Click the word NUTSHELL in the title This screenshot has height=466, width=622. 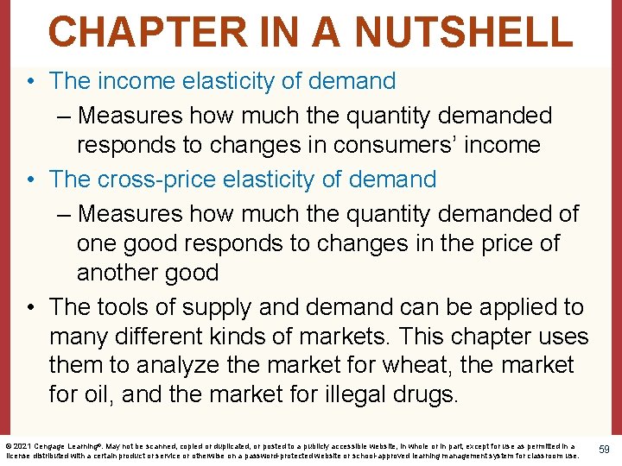pos(463,31)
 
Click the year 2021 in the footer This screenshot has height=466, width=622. pos(23,445)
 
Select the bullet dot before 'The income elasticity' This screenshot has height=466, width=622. pos(30,82)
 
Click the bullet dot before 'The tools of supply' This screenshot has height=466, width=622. pos(30,308)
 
